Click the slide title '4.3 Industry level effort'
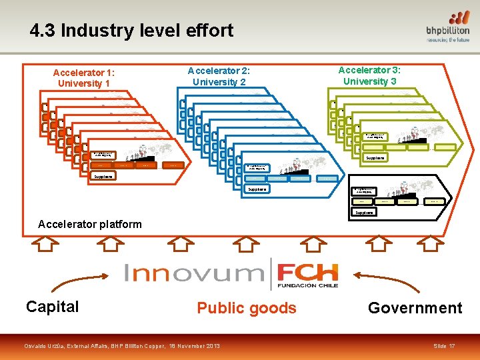pyautogui.click(x=131, y=30)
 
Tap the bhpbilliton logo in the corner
pyautogui.click(x=447, y=27)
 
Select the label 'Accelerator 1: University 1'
pyautogui.click(x=84, y=78)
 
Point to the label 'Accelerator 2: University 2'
pyautogui.click(x=219, y=76)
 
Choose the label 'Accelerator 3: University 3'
pyautogui.click(x=369, y=75)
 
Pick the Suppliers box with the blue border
pyautogui.click(x=257, y=189)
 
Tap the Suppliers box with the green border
pyautogui.click(x=375, y=158)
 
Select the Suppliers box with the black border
pyautogui.click(x=364, y=213)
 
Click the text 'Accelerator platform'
pyautogui.click(x=90, y=224)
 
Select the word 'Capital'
pyautogui.click(x=52, y=307)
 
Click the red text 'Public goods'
pyautogui.click(x=246, y=308)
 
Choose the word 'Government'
pyautogui.click(x=415, y=308)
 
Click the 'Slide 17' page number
pyautogui.click(x=444, y=347)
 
